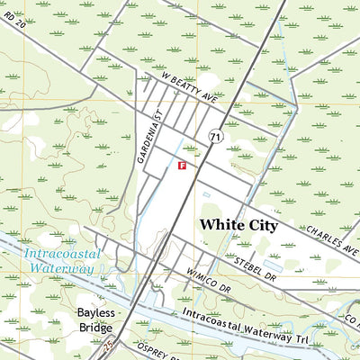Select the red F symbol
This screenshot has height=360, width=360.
pos(182,166)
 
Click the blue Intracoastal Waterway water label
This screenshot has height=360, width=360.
pos(58,259)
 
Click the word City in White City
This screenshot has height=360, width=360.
pos(261,225)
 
